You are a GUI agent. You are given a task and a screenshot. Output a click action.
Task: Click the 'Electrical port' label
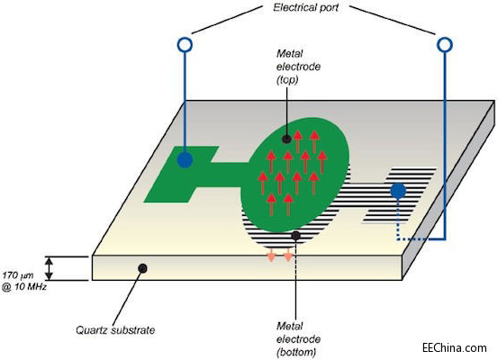(306, 7)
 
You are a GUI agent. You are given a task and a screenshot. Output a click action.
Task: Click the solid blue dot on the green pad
(185, 159)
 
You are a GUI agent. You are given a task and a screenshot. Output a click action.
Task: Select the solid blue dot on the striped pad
(398, 191)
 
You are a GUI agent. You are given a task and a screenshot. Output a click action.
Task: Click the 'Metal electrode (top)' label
(298, 67)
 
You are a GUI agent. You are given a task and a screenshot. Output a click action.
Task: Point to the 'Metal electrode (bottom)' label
(298, 339)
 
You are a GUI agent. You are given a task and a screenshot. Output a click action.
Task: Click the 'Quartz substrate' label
(115, 330)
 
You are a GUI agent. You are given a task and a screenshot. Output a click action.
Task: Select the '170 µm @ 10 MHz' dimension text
(24, 281)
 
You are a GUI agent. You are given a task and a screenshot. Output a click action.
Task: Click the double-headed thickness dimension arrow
(49, 268)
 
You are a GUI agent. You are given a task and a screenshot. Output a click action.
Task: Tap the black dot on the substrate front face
(142, 268)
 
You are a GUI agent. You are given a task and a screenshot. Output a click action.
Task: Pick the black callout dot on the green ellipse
(286, 139)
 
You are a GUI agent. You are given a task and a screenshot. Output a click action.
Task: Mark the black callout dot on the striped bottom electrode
(295, 236)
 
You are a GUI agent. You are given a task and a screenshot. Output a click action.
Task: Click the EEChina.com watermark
(455, 347)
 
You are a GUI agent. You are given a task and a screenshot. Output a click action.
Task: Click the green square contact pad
(181, 174)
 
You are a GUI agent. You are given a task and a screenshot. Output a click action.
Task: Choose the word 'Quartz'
(93, 330)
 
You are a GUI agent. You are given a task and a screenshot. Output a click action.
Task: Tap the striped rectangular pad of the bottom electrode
(400, 195)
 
